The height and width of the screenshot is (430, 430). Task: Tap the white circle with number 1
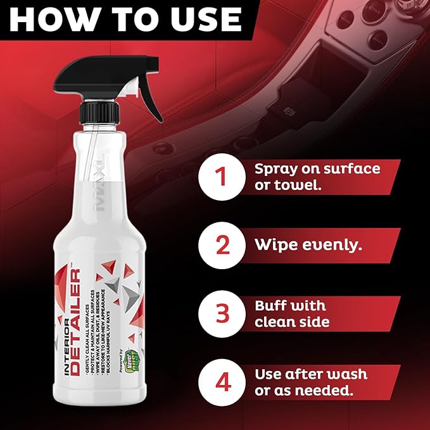(221, 178)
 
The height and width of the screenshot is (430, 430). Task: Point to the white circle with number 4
(221, 382)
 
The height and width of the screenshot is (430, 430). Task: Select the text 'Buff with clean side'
(292, 314)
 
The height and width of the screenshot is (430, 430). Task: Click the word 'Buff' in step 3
(272, 307)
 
